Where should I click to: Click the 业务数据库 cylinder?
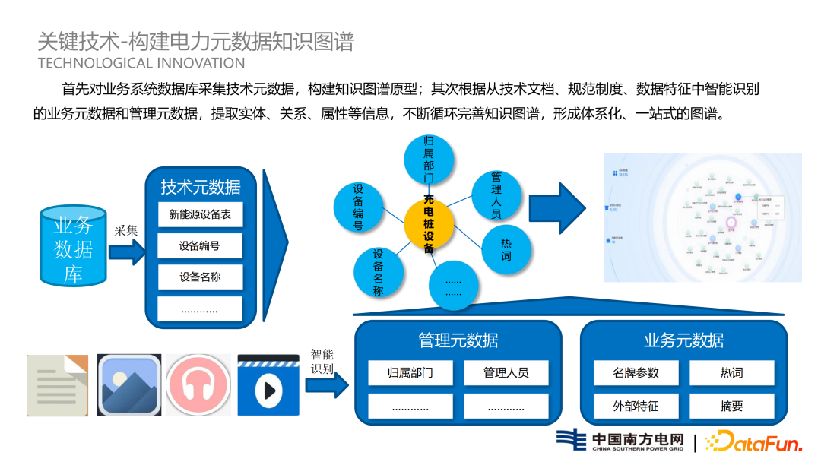73,245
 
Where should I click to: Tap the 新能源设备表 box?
200,214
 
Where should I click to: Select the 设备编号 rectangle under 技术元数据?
200,245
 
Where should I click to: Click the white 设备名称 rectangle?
200,277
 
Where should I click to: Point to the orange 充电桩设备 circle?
429,222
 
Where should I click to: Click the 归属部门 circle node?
429,160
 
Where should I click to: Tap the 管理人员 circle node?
496,195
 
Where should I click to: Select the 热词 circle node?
506,250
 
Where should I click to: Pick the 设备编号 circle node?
358,206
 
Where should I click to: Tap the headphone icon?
198,384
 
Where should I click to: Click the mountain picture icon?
128,384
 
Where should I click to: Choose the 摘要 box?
731,406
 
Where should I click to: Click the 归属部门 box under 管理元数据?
410,373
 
